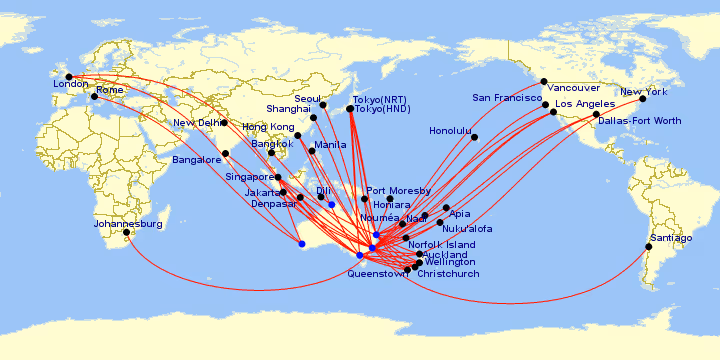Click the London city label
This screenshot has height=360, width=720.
tap(71, 85)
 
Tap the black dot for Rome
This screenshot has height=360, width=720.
tap(94, 97)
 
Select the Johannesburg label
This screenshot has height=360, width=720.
tap(127, 224)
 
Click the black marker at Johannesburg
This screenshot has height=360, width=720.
tap(126, 233)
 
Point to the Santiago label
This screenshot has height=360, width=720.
tap(670, 238)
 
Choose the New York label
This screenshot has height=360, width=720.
tap(644, 92)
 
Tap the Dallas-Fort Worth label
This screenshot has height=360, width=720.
tap(640, 121)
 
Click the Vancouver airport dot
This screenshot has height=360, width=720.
tap(544, 82)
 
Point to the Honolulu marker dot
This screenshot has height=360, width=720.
tap(475, 137)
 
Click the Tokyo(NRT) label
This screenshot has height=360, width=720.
tap(380, 99)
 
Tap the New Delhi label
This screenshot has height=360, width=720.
tap(196, 123)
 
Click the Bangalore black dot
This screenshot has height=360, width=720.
tap(226, 153)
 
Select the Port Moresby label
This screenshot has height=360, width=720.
tap(398, 191)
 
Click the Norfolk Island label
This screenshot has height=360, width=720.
tap(441, 245)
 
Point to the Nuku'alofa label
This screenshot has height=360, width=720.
tap(467, 228)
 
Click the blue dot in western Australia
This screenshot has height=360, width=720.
tap(302, 243)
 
